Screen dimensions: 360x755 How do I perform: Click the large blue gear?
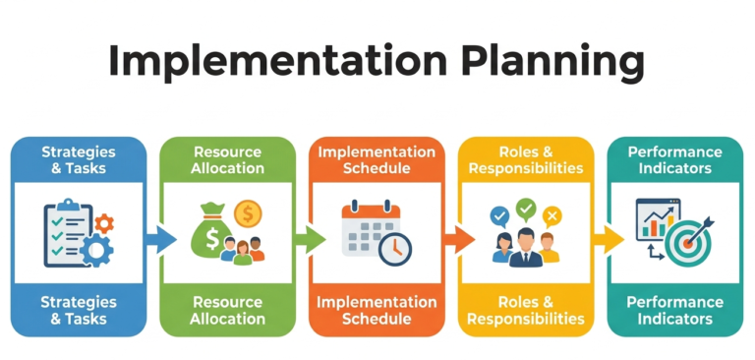96,250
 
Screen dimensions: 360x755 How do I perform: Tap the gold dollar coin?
247,213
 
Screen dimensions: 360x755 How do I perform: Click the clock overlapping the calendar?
395,249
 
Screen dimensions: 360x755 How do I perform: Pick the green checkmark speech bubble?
526,208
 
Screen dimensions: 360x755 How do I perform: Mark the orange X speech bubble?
552,214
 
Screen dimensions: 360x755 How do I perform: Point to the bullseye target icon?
685,239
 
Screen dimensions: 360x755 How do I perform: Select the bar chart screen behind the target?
657,221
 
